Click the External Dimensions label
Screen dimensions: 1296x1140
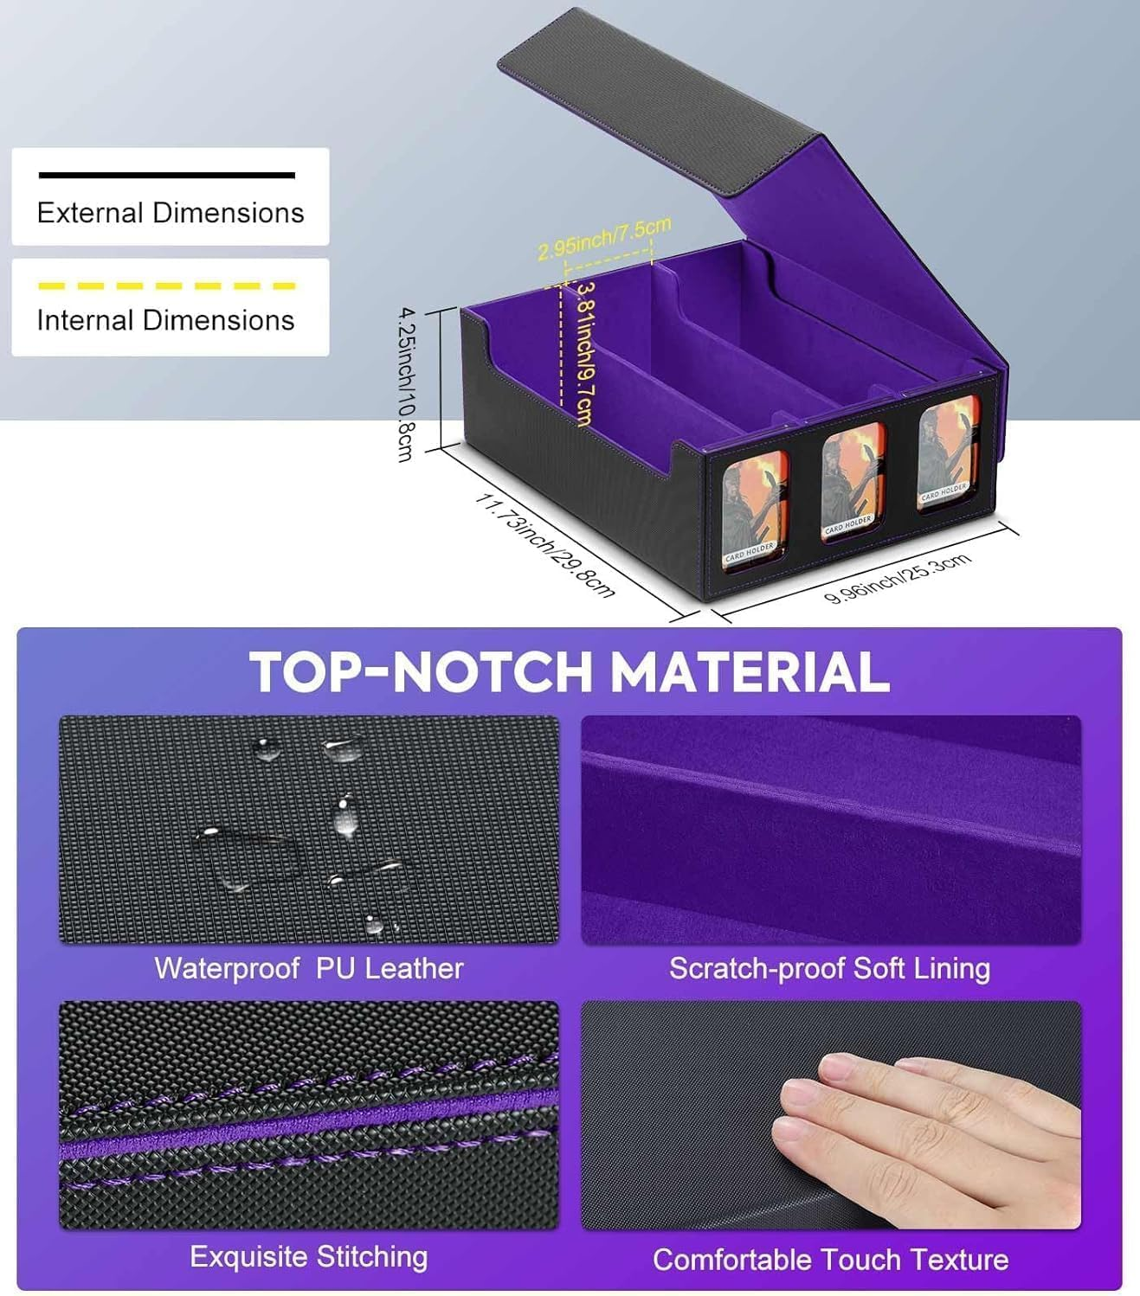point(171,213)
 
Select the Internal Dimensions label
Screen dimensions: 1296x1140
point(165,320)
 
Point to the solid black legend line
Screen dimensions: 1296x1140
point(166,176)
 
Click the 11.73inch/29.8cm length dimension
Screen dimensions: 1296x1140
point(545,545)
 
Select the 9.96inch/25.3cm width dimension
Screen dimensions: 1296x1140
point(897,578)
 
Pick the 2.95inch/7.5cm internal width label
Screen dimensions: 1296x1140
point(603,239)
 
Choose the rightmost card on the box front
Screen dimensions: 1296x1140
point(946,457)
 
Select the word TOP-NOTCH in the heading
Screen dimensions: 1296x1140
point(421,671)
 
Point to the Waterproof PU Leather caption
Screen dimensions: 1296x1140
point(309,968)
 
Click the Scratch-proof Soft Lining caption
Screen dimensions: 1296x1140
point(829,968)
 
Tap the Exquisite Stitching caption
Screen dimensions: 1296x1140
point(309,1256)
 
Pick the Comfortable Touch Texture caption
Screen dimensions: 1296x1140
point(830,1260)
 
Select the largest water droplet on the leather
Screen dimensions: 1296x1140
point(238,857)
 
